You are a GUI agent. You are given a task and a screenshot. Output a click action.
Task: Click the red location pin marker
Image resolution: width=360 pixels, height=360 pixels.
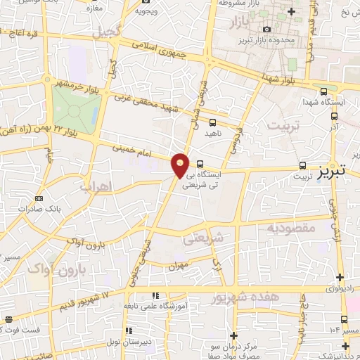(x=181, y=165)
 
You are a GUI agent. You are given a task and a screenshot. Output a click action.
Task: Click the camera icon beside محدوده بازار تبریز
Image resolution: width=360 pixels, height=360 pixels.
(x=266, y=30)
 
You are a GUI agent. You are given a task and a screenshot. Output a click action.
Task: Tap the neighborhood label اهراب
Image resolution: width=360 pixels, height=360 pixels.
(x=98, y=188)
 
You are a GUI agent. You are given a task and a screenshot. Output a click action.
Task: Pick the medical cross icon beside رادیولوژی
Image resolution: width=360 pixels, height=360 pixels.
(x=340, y=278)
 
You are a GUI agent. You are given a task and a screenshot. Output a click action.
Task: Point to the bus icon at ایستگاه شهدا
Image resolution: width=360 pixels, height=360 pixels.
(x=323, y=91)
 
